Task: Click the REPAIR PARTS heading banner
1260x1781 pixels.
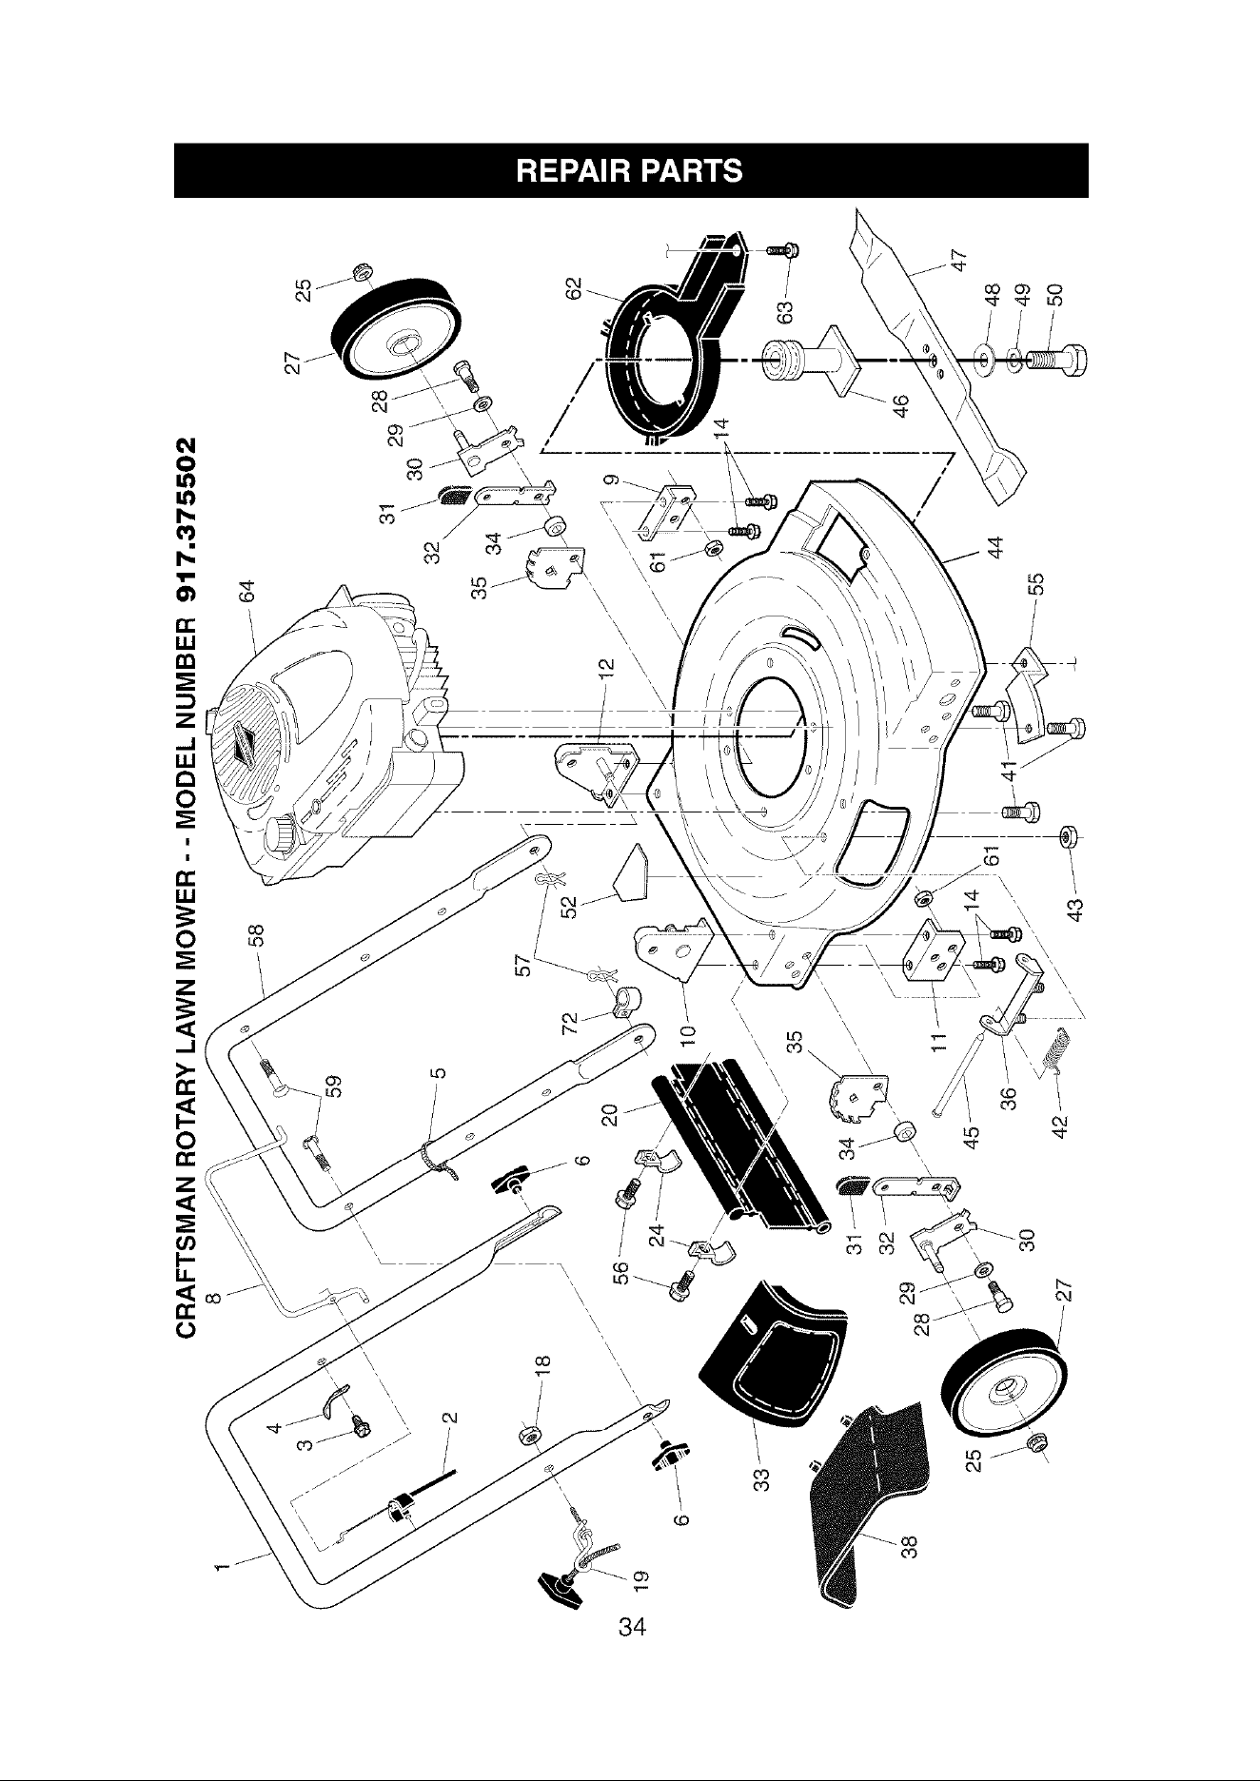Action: [630, 170]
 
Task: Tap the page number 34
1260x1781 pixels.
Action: [631, 1626]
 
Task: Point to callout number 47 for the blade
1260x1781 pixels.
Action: [961, 259]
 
